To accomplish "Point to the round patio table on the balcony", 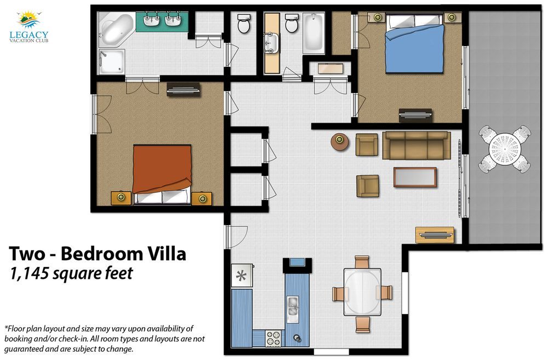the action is [504, 148].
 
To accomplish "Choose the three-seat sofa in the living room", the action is [416, 145].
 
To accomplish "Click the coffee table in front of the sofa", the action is [415, 177].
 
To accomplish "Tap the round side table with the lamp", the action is [339, 141].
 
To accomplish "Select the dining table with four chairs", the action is [362, 292].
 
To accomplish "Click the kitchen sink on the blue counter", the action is [293, 309].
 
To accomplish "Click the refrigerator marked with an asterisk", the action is [242, 276].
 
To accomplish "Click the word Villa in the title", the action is [165, 254].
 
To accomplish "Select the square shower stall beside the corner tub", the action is [111, 61].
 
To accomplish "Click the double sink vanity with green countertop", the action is [162, 22].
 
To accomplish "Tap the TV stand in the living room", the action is [435, 235].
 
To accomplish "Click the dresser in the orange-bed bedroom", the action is [183, 89].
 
